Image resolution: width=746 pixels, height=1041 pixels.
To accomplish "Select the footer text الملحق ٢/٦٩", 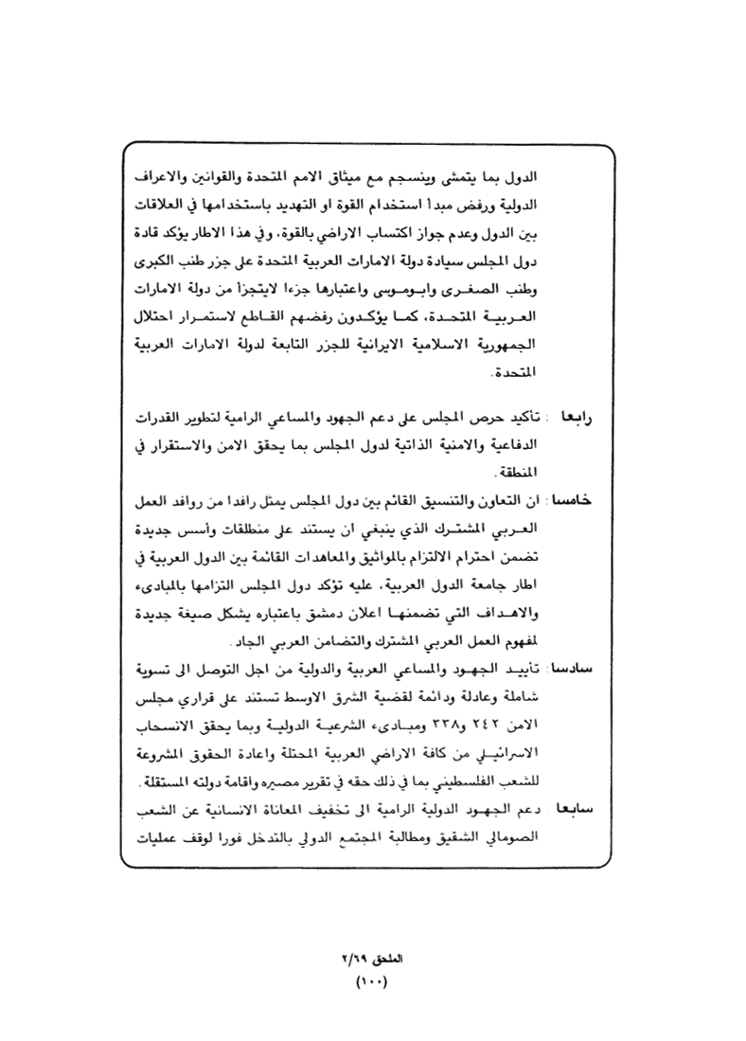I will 372,959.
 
